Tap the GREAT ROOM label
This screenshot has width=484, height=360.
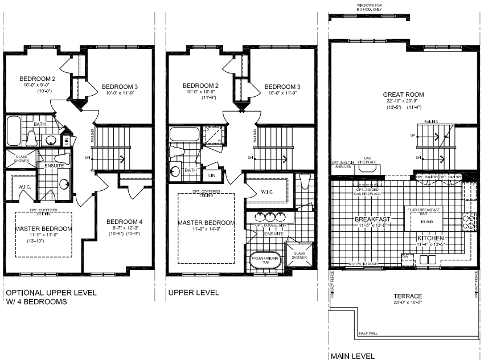tap(403, 95)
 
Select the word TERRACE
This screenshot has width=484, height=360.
tap(408, 296)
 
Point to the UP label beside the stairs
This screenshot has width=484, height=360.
tap(412, 135)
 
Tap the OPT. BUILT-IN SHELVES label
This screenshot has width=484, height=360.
tap(344, 164)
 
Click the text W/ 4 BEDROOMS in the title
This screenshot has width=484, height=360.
tap(36, 302)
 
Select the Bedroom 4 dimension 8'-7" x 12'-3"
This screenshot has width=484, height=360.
tap(124, 228)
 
